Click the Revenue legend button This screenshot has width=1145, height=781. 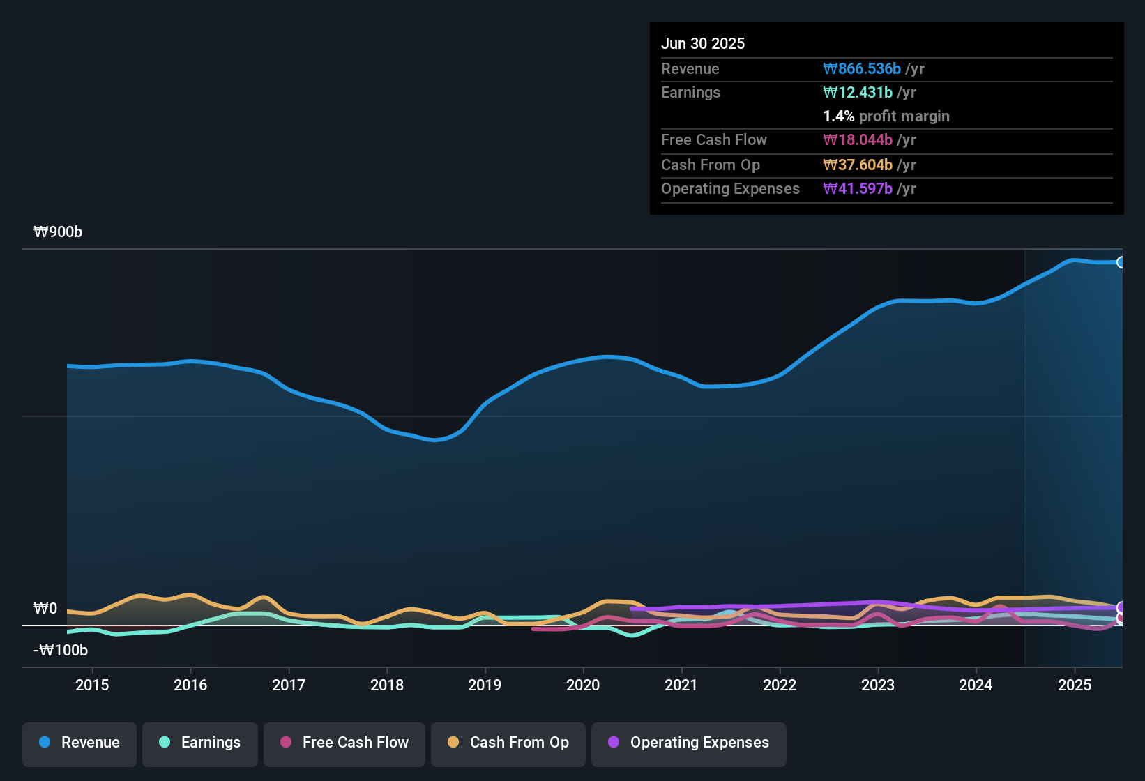[x=79, y=743]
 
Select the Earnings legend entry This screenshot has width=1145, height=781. [x=200, y=743]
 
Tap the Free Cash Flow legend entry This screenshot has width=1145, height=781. [x=344, y=743]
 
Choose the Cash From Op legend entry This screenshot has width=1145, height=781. [x=508, y=743]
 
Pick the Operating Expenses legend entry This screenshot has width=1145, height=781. [x=689, y=743]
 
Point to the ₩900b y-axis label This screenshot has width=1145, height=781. [x=58, y=232]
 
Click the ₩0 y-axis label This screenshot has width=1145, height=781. [x=45, y=609]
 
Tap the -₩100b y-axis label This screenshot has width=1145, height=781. [x=61, y=651]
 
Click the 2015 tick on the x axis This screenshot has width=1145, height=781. [x=92, y=685]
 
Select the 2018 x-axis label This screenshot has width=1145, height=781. [x=387, y=685]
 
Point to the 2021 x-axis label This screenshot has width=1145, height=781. [x=681, y=685]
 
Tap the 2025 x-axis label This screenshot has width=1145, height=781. [x=1075, y=685]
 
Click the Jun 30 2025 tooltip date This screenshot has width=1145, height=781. [x=703, y=44]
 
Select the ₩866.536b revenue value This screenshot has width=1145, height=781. [x=862, y=69]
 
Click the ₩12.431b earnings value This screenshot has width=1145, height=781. [x=858, y=93]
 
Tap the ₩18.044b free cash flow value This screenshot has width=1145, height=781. [x=858, y=140]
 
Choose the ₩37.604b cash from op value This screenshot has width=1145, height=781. [x=858, y=165]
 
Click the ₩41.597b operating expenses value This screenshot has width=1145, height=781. [x=858, y=189]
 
